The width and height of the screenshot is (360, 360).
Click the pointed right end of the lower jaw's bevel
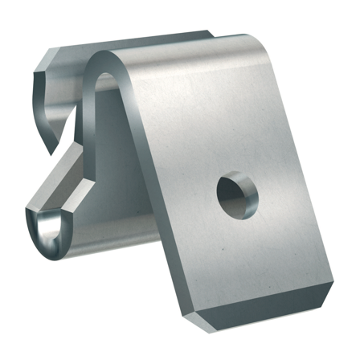(x=87, y=181)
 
